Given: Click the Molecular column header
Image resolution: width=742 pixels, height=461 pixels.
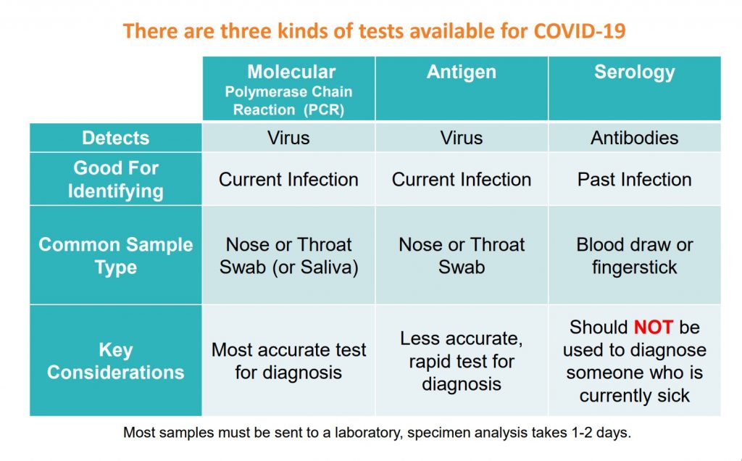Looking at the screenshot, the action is pos(288,88).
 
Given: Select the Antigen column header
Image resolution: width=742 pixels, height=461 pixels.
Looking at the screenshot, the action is pos(462,88).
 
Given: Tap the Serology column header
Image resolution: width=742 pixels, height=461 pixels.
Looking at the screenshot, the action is pos(635,88).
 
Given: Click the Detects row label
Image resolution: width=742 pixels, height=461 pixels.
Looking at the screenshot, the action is pos(115,138).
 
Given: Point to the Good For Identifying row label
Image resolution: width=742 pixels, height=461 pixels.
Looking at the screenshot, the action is pos(115,179).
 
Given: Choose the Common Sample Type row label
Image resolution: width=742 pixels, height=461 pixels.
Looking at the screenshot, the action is pos(115,256).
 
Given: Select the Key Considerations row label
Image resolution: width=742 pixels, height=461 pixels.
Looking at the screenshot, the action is pos(115,361).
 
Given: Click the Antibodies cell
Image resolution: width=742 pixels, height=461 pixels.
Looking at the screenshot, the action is pos(635,138).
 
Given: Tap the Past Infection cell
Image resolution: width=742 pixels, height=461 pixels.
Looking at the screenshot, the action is pos(635,179).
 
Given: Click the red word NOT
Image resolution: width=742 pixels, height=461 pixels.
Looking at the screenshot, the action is pos(653,328).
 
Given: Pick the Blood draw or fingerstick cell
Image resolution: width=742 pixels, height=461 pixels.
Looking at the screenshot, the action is pos(635,256).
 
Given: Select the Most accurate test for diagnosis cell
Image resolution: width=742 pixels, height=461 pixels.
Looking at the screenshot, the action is pos(288,361).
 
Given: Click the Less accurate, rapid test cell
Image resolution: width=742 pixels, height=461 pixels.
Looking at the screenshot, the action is pos(462,361).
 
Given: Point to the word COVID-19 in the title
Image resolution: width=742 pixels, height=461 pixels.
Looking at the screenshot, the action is pos(580,31).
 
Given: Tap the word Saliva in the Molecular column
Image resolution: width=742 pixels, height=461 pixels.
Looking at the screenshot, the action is pos(326,267).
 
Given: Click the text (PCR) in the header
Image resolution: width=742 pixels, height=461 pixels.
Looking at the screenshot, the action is pos(324,109).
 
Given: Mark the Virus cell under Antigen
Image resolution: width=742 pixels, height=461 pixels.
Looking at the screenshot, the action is pos(462,138).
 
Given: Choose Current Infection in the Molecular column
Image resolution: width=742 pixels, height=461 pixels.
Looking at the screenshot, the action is pos(288,179).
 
